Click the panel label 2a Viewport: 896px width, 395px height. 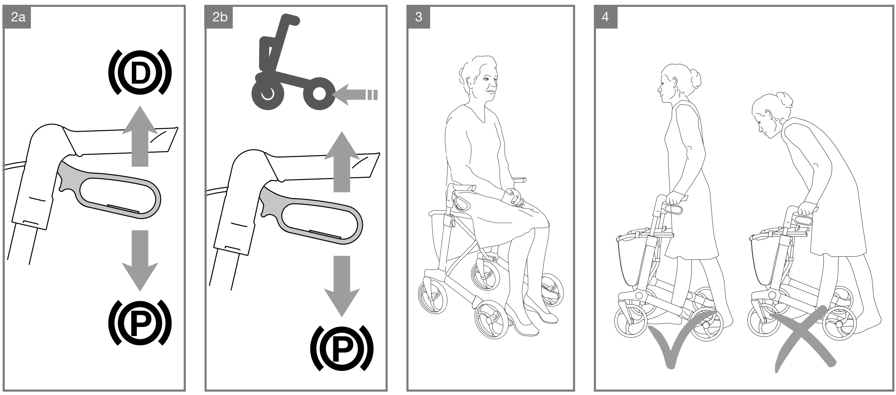tap(18, 17)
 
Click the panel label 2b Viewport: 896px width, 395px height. tap(220, 17)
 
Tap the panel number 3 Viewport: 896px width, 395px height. tap(418, 17)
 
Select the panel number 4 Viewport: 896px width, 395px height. tap(605, 17)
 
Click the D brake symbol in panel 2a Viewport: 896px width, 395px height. tap(140, 73)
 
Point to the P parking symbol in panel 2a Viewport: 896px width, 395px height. tap(140, 322)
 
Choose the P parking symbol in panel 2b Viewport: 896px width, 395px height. tap(342, 348)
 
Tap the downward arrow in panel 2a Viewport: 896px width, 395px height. tap(140, 261)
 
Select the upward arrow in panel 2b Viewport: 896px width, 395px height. tap(342, 162)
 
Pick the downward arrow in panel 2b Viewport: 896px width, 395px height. tap(342, 286)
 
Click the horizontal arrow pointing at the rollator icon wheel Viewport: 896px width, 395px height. tap(355, 95)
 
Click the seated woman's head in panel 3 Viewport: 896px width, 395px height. tap(478, 78)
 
